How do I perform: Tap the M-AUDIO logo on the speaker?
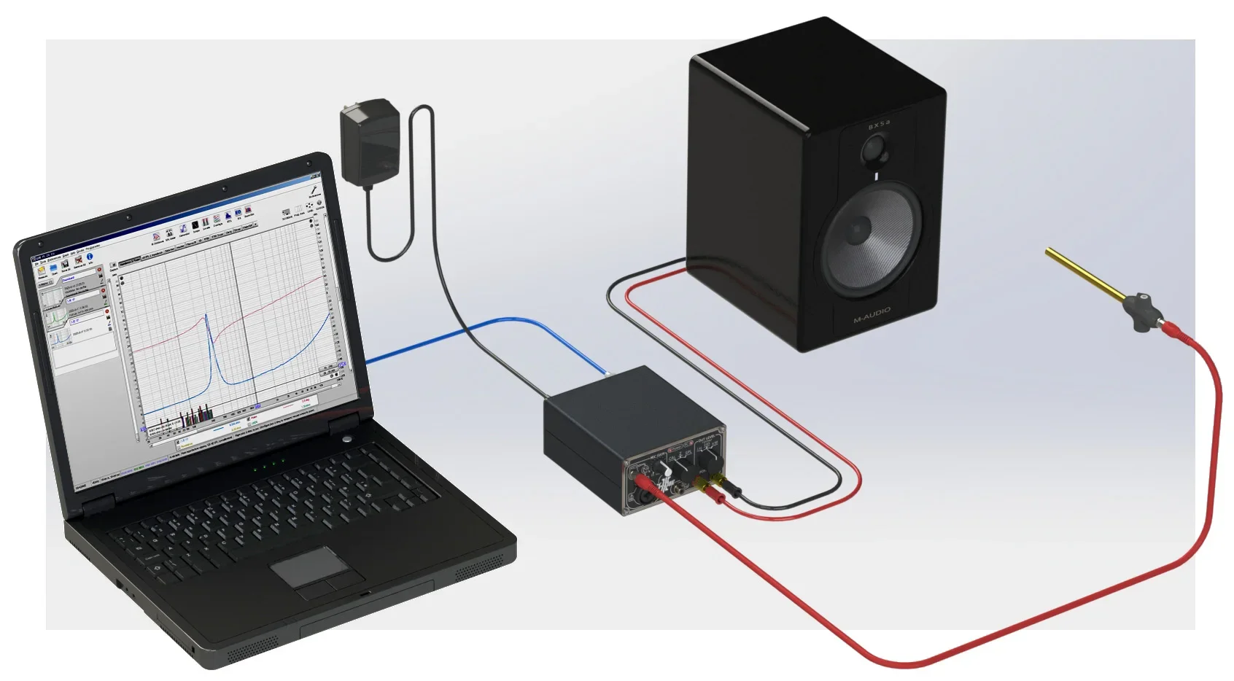[872, 316]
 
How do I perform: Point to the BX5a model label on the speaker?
[879, 125]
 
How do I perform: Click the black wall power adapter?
[370, 140]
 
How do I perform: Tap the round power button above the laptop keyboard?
[346, 439]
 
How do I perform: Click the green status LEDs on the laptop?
[268, 464]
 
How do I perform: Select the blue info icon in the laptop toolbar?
[90, 257]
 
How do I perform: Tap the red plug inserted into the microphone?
[1172, 330]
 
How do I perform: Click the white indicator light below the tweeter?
[876, 175]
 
